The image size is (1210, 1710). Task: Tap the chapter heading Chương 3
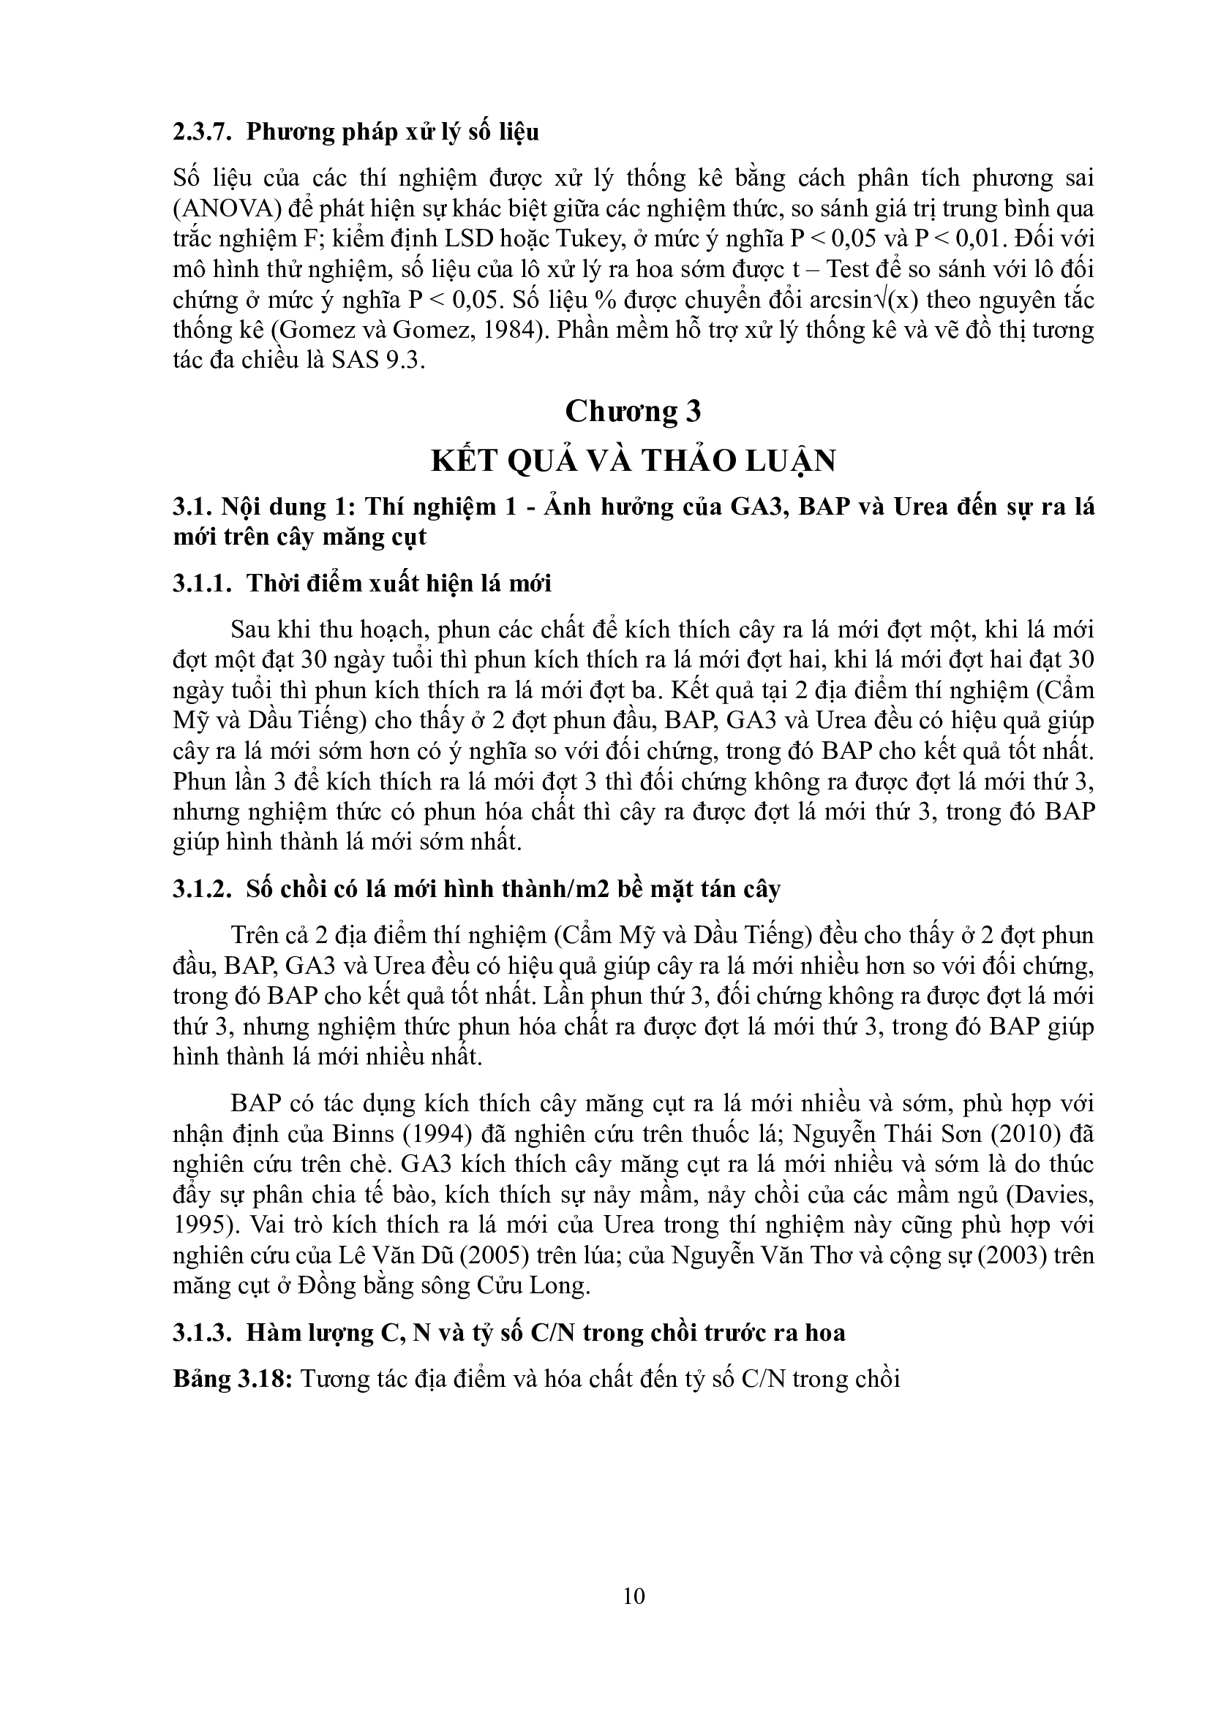[634, 411]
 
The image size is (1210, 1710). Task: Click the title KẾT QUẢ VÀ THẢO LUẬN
[634, 461]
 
